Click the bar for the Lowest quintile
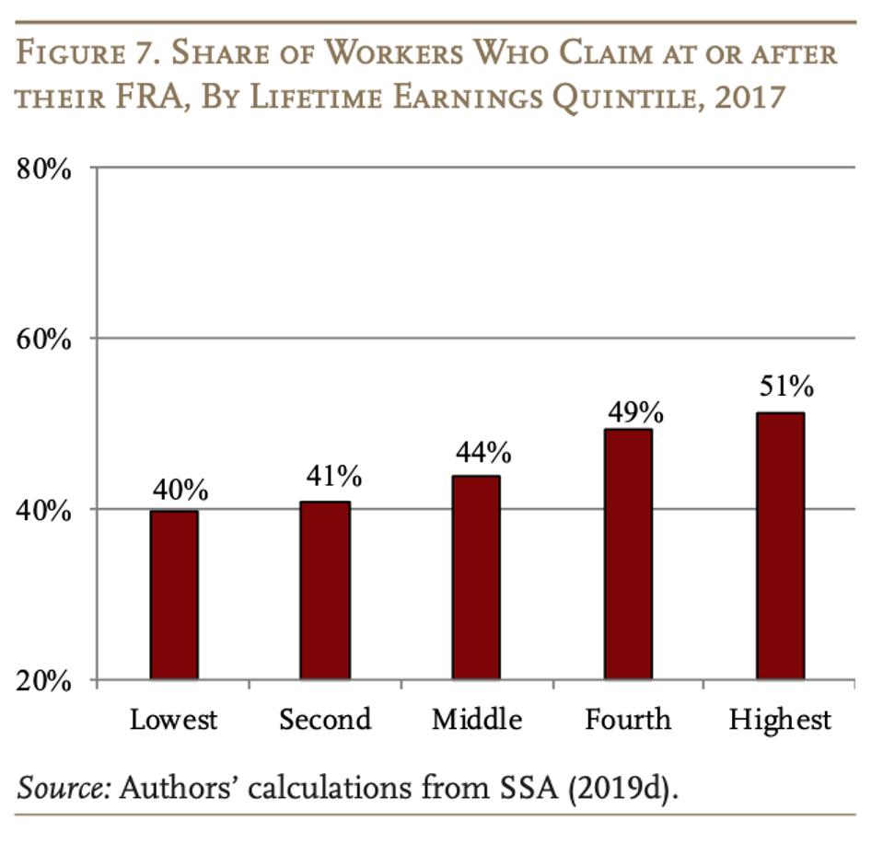click(x=174, y=595)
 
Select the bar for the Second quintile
click(x=325, y=590)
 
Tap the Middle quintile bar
click(x=476, y=577)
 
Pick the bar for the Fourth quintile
click(x=628, y=554)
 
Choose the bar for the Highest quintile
click(x=780, y=546)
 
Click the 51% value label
click(x=786, y=386)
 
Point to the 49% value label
click(x=635, y=412)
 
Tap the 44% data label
click(x=483, y=452)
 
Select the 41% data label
click(x=333, y=476)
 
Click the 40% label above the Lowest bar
click(x=180, y=490)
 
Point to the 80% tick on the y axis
click(x=44, y=168)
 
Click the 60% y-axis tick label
click(x=44, y=339)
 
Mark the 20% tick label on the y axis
click(x=44, y=681)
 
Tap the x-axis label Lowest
click(x=173, y=719)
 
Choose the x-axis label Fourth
click(x=628, y=719)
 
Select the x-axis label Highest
click(x=780, y=719)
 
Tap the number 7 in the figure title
click(x=128, y=52)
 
